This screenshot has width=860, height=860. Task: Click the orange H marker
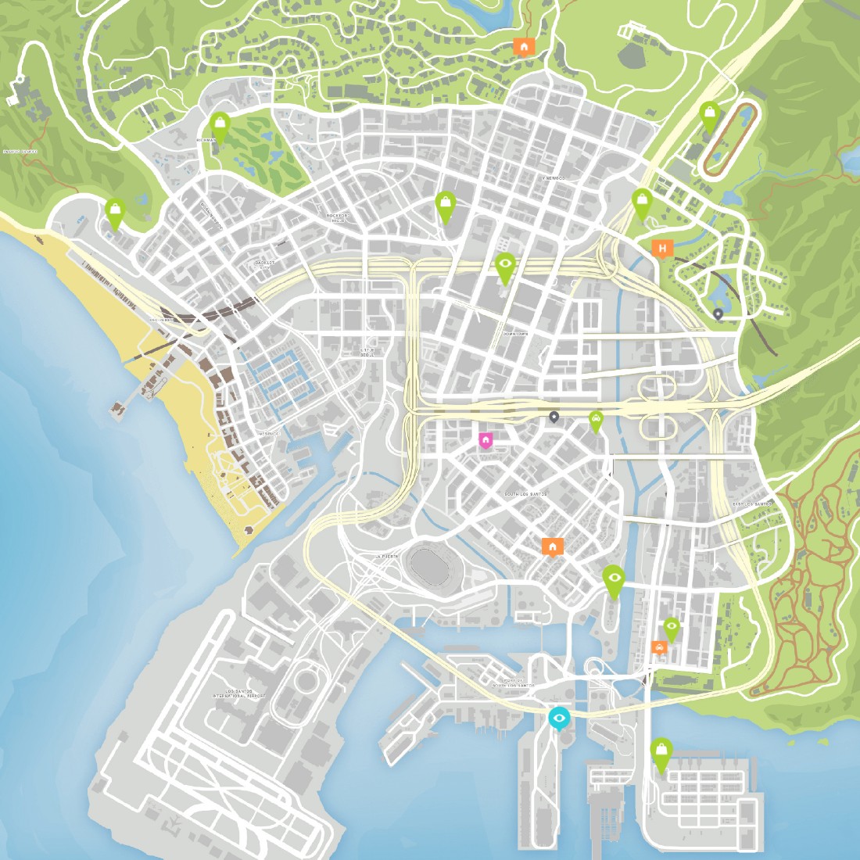click(x=662, y=249)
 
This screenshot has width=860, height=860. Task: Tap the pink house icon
click(x=486, y=440)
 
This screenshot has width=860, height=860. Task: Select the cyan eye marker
click(x=558, y=717)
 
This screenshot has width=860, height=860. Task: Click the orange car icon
click(x=659, y=647)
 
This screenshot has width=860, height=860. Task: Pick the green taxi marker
click(x=596, y=421)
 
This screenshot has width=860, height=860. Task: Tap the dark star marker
click(x=554, y=417)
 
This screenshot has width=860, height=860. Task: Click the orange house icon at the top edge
click(x=523, y=47)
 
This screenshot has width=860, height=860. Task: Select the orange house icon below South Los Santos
click(x=553, y=546)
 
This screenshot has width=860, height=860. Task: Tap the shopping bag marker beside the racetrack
click(x=709, y=115)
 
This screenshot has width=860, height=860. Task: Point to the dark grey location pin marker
click(x=718, y=314)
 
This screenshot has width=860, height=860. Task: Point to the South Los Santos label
click(x=525, y=494)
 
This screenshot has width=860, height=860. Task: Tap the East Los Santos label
click(x=751, y=504)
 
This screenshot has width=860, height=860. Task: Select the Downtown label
click(x=515, y=334)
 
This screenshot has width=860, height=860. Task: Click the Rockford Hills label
click(x=339, y=217)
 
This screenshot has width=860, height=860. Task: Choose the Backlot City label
click(x=266, y=265)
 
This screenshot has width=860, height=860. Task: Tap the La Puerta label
click(x=387, y=556)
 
